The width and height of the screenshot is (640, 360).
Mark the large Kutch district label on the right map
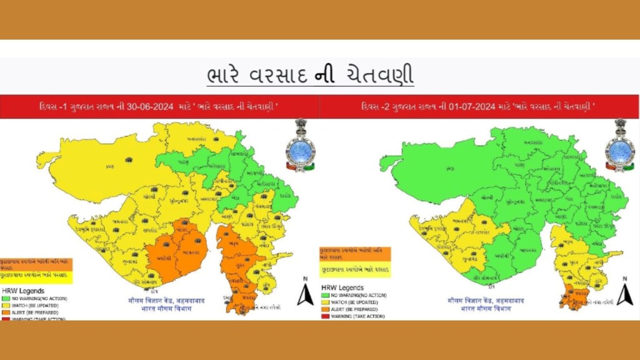pos(449,169)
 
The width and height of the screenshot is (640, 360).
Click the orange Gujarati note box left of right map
pos(354,254)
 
